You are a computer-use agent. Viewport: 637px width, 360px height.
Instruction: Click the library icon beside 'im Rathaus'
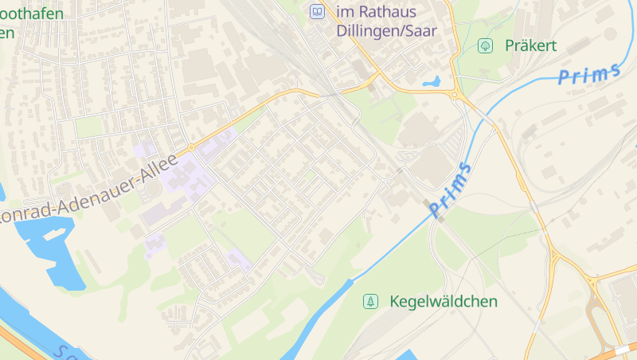coord(317,12)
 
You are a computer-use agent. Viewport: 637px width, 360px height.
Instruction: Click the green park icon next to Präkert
coord(484,46)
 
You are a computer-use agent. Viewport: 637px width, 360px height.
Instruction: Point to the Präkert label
coord(530,46)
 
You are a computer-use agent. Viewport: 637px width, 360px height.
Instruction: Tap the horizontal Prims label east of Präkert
coord(589,73)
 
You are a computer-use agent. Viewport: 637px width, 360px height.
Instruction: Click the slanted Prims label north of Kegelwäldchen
coord(450,190)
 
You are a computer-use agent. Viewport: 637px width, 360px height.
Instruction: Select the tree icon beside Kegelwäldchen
coord(369,302)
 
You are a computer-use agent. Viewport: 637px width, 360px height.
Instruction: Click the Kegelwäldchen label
coord(444,302)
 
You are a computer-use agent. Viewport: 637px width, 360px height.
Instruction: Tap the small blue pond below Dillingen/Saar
coord(432,81)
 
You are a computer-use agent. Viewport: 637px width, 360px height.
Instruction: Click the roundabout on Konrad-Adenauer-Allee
coord(192,147)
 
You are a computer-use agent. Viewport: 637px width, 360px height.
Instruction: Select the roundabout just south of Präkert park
coord(455,96)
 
